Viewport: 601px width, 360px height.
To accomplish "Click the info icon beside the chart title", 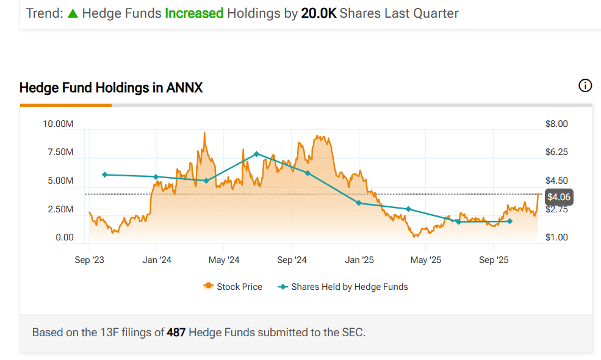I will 585,85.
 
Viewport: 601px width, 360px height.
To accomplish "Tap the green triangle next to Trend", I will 73,13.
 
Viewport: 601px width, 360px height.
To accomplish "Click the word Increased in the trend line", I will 194,13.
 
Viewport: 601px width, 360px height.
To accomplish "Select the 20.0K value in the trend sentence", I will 318,13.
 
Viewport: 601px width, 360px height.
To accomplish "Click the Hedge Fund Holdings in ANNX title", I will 111,88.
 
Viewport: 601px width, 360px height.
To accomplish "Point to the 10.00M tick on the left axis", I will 58,124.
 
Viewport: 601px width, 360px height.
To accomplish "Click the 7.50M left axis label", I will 60,152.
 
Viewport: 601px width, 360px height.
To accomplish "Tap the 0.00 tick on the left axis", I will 64,237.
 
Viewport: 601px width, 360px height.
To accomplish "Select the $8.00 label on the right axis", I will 556,124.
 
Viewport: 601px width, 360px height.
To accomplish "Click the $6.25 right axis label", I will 556,152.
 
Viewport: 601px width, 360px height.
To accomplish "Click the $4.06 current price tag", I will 559,197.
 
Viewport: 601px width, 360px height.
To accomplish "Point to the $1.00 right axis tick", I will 556,237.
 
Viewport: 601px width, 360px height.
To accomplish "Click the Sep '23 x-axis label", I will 90,261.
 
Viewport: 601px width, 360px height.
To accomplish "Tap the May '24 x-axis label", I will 225,261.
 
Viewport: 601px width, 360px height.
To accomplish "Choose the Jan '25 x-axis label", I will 359,261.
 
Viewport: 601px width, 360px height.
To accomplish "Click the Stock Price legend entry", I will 233,287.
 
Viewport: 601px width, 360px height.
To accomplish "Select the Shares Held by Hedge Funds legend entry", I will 343,287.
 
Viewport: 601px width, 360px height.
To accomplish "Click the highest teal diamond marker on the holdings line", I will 257,154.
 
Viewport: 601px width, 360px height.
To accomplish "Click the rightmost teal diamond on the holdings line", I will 510,221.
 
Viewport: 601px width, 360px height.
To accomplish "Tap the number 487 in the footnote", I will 176,333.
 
